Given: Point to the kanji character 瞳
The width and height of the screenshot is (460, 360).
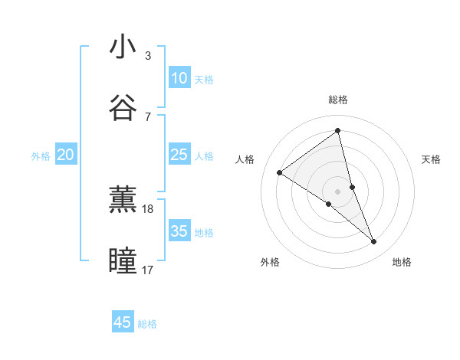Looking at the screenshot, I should coord(123,260).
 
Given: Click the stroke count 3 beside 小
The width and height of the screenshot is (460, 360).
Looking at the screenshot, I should coord(147,56).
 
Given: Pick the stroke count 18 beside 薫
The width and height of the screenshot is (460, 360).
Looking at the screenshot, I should coord(148,208).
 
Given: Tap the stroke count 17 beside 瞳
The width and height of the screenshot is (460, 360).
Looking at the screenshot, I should coord(148,270).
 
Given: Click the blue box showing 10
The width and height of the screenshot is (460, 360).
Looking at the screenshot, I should coord(179,78).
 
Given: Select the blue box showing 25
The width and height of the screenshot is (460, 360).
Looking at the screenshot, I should coord(179,155).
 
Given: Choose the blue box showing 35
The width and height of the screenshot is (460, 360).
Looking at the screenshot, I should coord(179,231).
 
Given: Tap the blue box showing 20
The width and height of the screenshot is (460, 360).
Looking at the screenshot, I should coord(65,155).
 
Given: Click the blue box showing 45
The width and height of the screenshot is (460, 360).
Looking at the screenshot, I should coord(123,322).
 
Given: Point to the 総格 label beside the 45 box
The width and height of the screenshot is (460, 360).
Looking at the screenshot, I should coord(147,324).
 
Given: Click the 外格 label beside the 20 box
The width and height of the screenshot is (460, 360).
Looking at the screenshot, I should coord(41,156).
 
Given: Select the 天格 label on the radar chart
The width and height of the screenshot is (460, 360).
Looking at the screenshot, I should coord(431,159).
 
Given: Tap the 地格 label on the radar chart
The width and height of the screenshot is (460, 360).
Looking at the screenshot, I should coord(402,262).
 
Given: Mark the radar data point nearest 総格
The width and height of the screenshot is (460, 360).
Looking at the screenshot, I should coord(337,131).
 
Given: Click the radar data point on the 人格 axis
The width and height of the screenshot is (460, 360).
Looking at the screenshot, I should coord(280,172).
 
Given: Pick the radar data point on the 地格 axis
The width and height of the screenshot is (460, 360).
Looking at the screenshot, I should coord(374,242).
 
